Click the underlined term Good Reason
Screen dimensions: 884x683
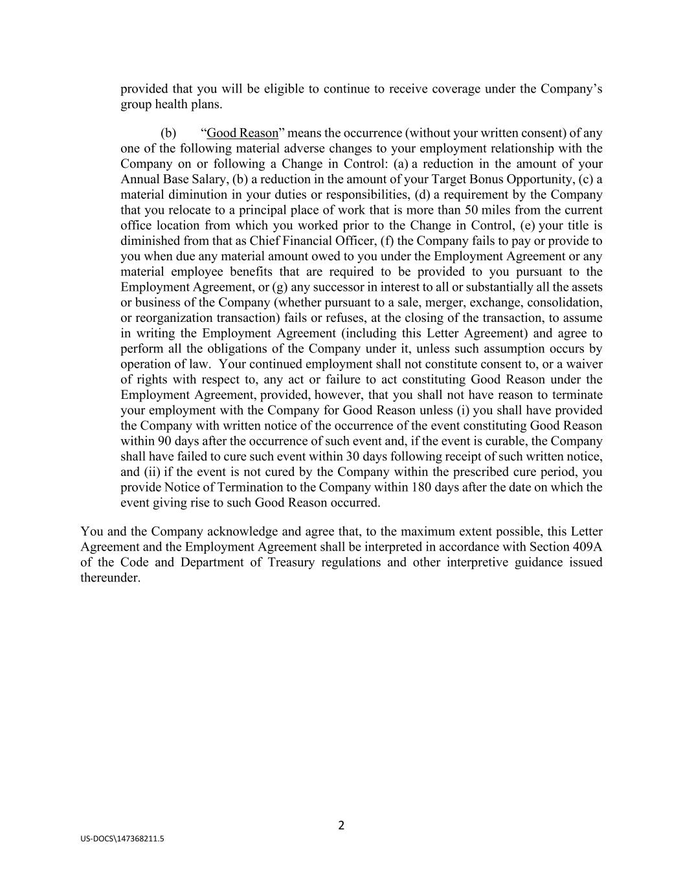[x=242, y=133]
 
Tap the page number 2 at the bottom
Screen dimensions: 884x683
[x=341, y=825]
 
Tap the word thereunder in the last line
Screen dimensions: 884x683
[x=110, y=578]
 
